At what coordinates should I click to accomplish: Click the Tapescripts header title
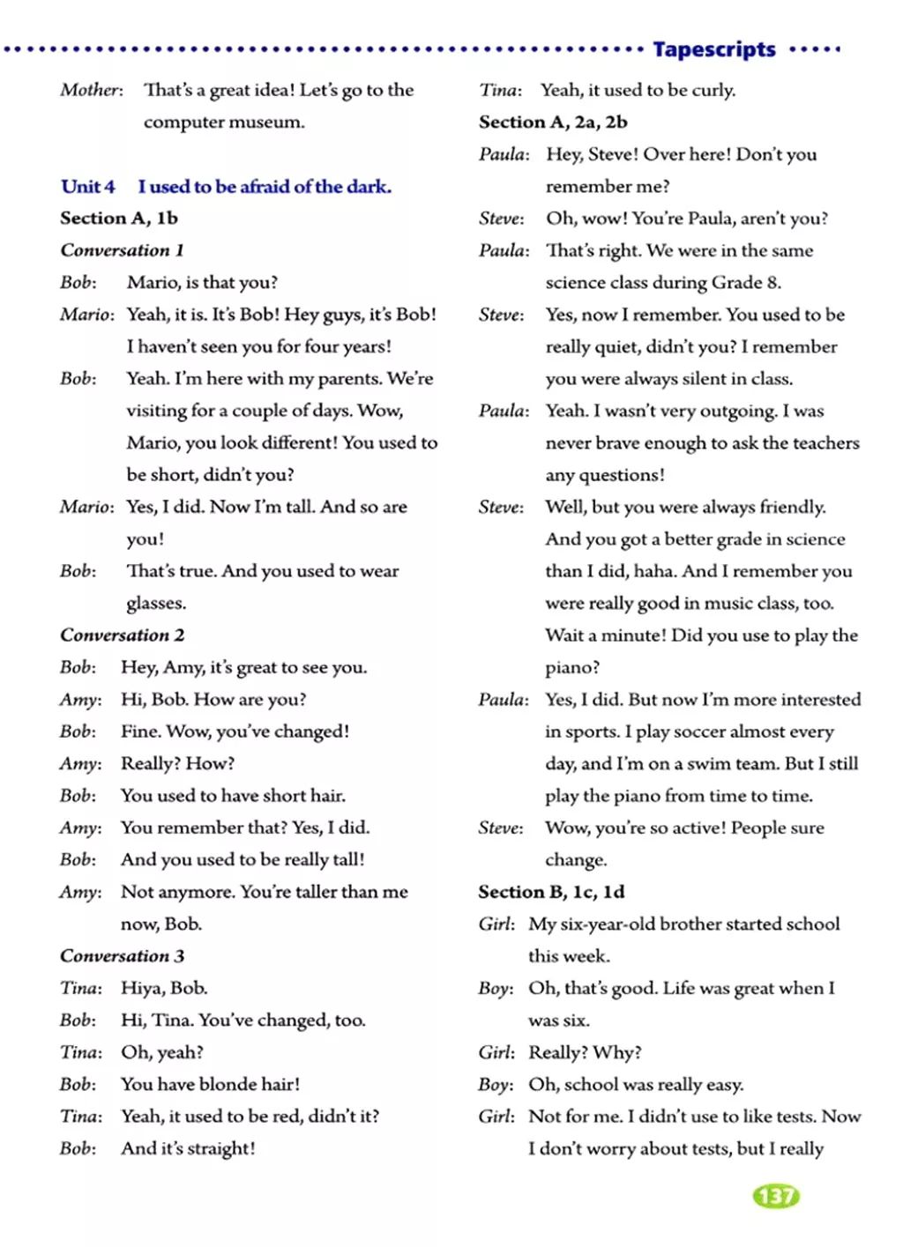coord(713,49)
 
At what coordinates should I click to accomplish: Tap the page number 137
coord(775,1196)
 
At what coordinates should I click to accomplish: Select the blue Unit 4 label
coord(87,187)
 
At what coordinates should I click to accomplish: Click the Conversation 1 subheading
coord(122,250)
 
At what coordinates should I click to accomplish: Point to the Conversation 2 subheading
coord(122,635)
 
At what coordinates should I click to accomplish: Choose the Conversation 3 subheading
coord(122,956)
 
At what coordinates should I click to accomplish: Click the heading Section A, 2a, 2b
coord(553,122)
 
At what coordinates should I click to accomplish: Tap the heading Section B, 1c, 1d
coord(551,892)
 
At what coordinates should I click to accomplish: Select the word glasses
coord(155,604)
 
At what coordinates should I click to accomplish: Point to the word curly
coord(713,90)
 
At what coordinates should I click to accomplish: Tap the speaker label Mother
coord(90,90)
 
